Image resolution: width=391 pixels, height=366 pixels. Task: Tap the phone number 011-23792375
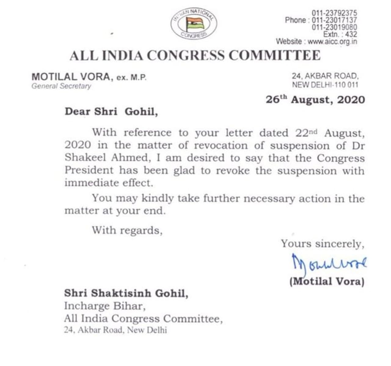[x=334, y=13]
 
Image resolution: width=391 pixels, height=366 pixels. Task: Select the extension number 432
[x=351, y=34]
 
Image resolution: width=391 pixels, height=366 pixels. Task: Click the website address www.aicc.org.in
[x=332, y=41]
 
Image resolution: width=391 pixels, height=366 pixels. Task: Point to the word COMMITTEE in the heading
[x=275, y=56]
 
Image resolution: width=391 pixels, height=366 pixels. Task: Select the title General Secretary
[x=61, y=86]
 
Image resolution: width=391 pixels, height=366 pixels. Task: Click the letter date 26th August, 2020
[x=315, y=100]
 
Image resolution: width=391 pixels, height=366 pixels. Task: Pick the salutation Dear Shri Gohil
[x=111, y=112]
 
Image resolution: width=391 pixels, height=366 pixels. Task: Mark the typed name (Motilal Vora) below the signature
[x=327, y=281]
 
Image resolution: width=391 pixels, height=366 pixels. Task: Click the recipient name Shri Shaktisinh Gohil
[x=126, y=293]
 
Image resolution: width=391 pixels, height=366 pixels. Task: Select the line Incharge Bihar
[x=103, y=306]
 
